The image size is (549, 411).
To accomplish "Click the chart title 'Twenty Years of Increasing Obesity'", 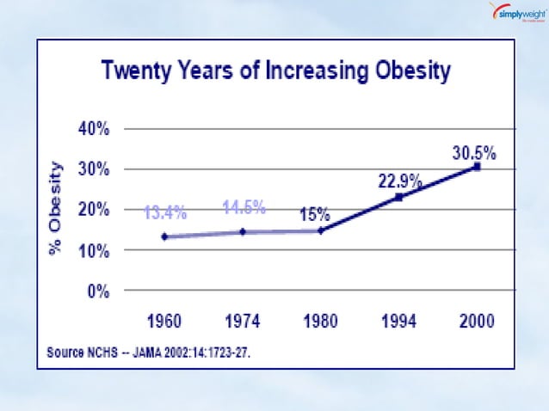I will [x=276, y=71].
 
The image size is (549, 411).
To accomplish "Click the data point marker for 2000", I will [x=477, y=167].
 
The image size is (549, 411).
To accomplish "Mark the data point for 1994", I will [x=398, y=197].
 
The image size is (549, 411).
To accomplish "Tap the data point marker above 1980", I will [x=320, y=230].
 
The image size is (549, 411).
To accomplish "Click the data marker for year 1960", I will [x=163, y=236].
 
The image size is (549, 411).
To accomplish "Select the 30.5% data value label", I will [x=473, y=152].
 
